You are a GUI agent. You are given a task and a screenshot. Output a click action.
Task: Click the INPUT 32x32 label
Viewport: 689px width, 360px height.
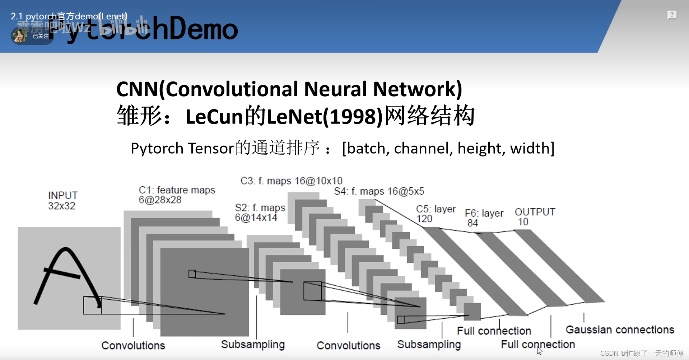[62, 200]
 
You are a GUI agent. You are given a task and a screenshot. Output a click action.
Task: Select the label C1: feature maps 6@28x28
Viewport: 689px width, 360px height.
[177, 195]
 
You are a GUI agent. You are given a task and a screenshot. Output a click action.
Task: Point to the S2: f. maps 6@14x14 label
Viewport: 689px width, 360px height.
[260, 212]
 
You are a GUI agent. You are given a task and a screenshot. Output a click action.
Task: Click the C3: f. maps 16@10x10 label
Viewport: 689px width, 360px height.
[291, 181]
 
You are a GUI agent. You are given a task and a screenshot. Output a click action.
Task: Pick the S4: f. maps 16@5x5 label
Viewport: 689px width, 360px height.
[379, 191]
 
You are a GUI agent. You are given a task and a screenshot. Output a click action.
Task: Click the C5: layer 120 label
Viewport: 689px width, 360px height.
[436, 214]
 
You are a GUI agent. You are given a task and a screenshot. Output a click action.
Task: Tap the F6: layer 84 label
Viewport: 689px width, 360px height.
[484, 218]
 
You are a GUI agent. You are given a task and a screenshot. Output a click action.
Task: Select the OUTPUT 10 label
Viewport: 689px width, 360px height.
[535, 216]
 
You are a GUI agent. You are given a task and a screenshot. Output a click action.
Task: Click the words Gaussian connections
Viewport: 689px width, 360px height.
[620, 329]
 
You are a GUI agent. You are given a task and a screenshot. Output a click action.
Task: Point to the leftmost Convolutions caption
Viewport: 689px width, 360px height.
[133, 345]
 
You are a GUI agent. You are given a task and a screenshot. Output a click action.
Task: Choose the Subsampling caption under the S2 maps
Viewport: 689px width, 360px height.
[253, 344]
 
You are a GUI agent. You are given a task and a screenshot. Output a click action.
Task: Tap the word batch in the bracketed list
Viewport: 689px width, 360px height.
[366, 148]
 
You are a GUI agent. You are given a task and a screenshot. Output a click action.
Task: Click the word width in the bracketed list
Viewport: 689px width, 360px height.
[530, 148]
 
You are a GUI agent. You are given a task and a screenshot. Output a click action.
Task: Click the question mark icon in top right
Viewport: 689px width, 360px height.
[672, 15]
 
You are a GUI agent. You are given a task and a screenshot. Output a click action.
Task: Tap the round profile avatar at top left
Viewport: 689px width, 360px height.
[19, 36]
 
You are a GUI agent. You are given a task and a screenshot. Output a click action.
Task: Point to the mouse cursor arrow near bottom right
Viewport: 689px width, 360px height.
[539, 351]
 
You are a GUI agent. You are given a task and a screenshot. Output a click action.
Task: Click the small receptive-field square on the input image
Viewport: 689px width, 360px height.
[92, 305]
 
